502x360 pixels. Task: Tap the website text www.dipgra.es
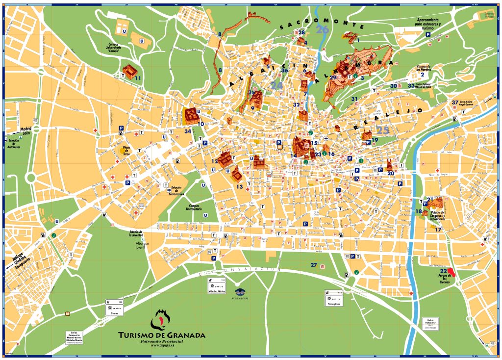tap(162, 345)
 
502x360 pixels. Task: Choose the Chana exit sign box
tap(115, 308)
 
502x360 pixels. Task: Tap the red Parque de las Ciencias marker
tap(452, 273)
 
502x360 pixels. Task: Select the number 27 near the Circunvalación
tap(314, 265)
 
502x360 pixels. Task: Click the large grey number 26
tap(323, 30)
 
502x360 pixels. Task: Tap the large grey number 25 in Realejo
tap(382, 130)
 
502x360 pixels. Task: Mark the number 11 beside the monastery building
tap(138, 78)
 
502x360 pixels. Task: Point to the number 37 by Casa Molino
tap(455, 103)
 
